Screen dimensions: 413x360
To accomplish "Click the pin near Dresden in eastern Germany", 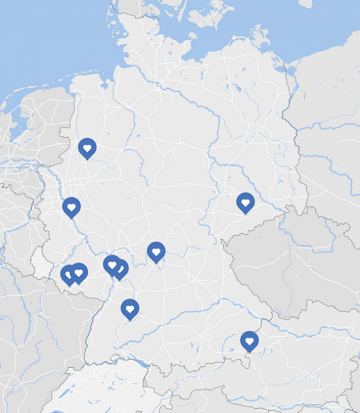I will [245, 202].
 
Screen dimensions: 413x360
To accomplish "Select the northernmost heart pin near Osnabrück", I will [87, 147].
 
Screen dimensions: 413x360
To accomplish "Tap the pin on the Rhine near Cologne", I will [71, 206].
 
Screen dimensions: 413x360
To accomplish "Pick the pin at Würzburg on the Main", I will [156, 251].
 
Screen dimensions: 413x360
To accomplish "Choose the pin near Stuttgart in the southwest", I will [130, 308].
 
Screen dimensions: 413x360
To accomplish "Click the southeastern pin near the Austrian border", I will [249, 340].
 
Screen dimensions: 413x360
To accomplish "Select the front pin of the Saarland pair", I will [79, 272].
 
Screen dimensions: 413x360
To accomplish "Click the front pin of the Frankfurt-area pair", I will [113, 264].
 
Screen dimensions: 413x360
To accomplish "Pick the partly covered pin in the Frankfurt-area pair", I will [121, 268].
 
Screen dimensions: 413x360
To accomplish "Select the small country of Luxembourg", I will [43, 266].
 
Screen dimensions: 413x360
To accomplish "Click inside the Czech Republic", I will [287, 260].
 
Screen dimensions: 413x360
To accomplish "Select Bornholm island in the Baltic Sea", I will [306, 3].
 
